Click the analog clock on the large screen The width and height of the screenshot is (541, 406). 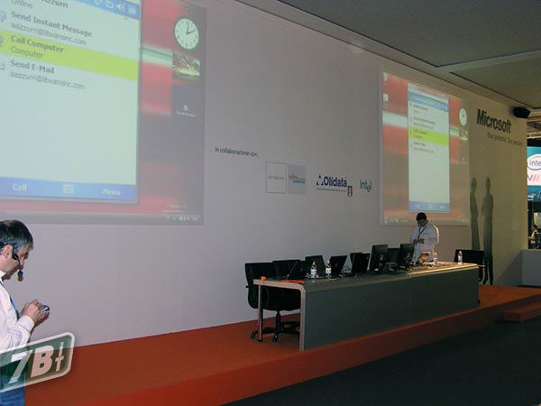187,33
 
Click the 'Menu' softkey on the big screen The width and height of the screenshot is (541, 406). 111,191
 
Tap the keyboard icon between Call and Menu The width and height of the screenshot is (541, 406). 69,189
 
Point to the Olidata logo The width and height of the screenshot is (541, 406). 334,181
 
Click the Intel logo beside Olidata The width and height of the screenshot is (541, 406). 365,185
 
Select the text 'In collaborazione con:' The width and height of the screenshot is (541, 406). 236,152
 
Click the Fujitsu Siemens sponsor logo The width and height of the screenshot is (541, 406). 297,178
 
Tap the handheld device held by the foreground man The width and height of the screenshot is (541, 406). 43,309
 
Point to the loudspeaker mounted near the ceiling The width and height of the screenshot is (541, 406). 520,113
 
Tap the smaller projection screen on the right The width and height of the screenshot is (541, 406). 424,149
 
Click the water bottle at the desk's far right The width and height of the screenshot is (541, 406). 459,257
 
